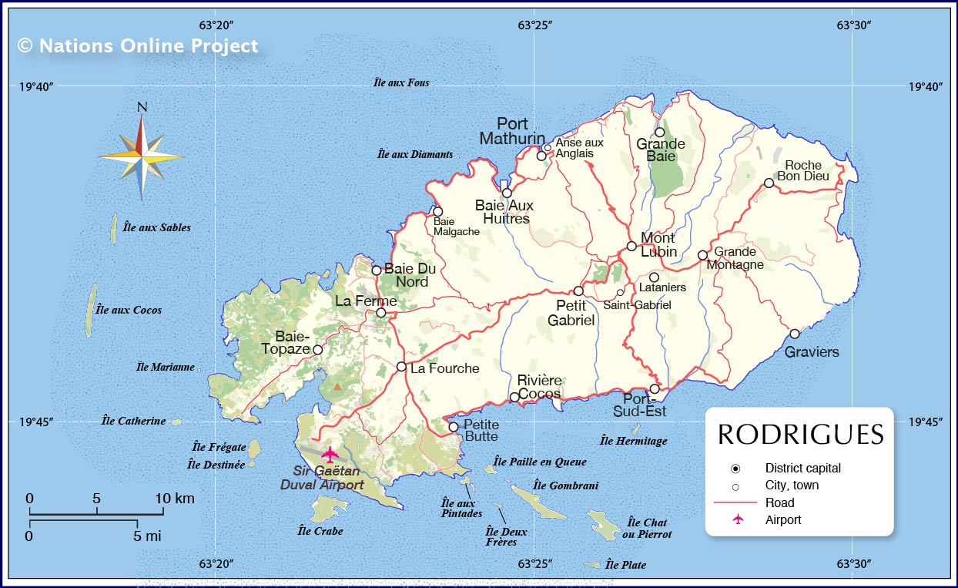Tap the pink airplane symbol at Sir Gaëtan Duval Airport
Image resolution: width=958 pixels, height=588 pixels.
(330, 454)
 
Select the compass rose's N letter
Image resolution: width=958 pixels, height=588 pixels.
(142, 108)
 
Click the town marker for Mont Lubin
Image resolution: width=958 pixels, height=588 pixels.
(631, 247)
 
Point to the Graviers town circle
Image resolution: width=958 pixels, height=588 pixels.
(794, 334)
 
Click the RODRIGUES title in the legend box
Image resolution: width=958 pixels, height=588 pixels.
(800, 435)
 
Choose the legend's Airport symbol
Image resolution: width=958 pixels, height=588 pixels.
(738, 519)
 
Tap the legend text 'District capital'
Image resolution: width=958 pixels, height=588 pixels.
(802, 468)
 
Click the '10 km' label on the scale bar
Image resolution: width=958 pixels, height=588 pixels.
(175, 499)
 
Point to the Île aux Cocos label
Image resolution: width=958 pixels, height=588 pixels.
(129, 310)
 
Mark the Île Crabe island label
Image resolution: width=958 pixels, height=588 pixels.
(320, 531)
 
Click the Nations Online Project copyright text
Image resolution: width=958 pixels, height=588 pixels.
(138, 45)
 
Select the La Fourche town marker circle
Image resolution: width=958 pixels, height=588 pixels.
(401, 367)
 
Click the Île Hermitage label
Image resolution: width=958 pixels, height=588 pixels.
(633, 441)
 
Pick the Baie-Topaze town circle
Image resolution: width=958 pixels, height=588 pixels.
(317, 350)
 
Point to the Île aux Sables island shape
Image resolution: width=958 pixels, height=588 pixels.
(114, 229)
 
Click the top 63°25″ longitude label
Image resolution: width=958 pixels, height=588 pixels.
(534, 25)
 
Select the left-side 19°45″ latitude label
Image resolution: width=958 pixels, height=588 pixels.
(36, 422)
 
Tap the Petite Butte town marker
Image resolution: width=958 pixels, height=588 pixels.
(454, 427)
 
